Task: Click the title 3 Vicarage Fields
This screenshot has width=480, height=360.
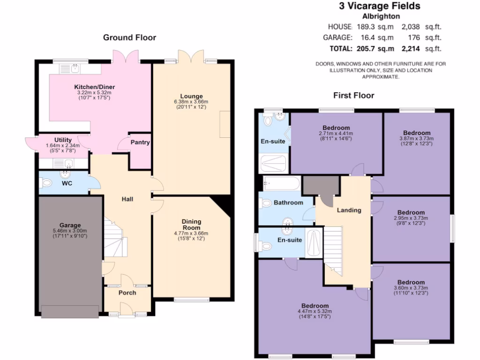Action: coord(380,6)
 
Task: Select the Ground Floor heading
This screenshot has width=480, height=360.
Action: coord(129,37)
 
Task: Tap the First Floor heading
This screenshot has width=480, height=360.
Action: coord(353,96)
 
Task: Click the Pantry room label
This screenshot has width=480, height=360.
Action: coord(140,142)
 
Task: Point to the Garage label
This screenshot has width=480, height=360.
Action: coord(70,225)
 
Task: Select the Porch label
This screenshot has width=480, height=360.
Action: coord(127,292)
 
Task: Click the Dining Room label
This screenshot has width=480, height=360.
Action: coord(191,225)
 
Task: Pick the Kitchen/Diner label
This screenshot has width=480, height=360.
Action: coord(95,87)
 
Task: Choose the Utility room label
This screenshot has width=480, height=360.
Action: coord(63,140)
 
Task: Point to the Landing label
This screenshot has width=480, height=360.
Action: coord(349,210)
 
